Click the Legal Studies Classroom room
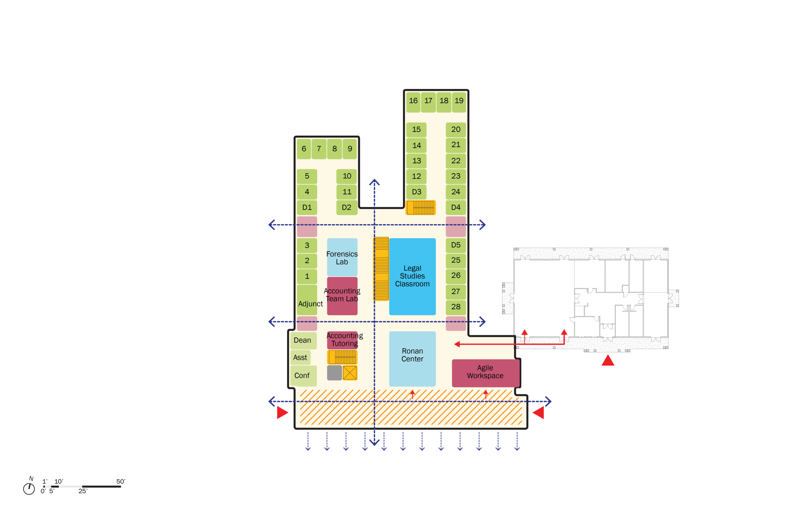[412, 276]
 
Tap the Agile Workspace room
[485, 373]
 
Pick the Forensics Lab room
[342, 257]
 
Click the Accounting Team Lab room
[342, 296]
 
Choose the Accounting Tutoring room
[343, 340]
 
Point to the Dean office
[302, 340]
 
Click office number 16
[413, 101]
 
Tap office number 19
[459, 101]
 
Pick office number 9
[350, 149]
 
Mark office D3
[416, 192]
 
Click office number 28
[456, 307]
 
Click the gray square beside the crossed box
[334, 373]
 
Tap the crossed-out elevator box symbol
[349, 373]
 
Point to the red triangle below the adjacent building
[608, 360]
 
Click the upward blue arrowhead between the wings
[374, 182]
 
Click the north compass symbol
[29, 489]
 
